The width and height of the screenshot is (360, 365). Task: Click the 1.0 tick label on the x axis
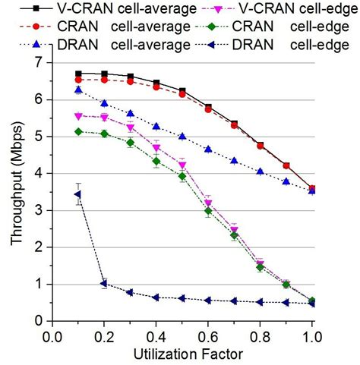(x=312, y=335)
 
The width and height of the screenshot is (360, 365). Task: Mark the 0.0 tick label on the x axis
(x=52, y=335)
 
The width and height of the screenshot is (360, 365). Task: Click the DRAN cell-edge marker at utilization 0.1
(x=77, y=194)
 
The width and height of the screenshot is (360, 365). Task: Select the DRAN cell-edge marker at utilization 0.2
(x=104, y=284)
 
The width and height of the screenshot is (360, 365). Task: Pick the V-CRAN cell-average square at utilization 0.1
(x=77, y=74)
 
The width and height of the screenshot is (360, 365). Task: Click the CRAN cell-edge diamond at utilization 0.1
(x=77, y=131)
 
